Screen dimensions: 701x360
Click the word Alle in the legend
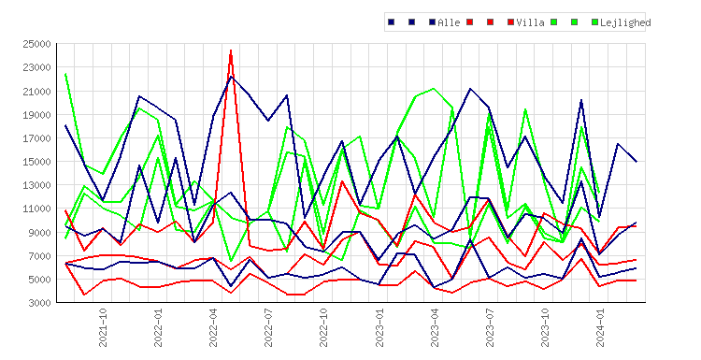click(x=449, y=22)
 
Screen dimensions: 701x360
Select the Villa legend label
click(x=530, y=22)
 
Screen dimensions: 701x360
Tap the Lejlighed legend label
click(x=625, y=22)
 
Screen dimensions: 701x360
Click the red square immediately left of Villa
click(x=510, y=22)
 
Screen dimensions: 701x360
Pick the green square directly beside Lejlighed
click(x=594, y=22)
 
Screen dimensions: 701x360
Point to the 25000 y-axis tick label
click(x=36, y=44)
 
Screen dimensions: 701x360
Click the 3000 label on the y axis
click(x=39, y=303)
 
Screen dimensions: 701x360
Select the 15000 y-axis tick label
click(x=36, y=162)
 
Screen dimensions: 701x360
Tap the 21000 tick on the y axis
click(x=36, y=92)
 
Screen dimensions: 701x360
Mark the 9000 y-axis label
click(x=39, y=233)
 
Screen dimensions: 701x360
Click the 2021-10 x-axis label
click(x=103, y=327)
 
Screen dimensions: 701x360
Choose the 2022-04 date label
click(x=213, y=327)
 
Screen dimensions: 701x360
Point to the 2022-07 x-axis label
click(x=268, y=327)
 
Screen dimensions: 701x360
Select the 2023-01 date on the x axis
click(x=379, y=327)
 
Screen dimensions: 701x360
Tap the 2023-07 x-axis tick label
click(x=490, y=327)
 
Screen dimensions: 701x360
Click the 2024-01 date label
click(x=600, y=327)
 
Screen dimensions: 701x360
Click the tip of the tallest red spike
click(x=231, y=50)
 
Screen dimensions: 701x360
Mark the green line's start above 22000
click(x=65, y=74)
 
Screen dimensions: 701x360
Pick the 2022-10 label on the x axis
click(x=323, y=327)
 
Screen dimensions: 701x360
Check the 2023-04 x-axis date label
click(x=435, y=327)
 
